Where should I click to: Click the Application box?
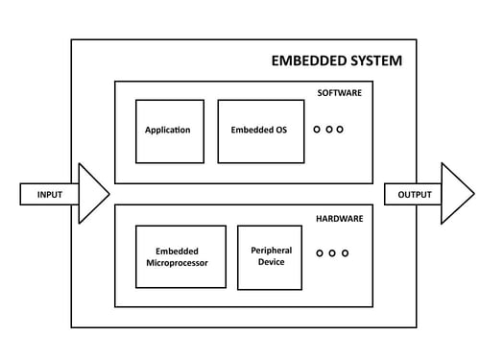pos(169,131)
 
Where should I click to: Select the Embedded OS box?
pos(259,131)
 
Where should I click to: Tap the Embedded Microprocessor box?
pos(180,256)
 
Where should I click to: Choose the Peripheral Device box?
pos(270,256)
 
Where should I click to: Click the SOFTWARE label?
pos(340,93)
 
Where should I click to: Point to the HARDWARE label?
pos(340,218)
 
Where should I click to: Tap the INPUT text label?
pos(50,195)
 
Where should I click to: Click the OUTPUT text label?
pos(414,195)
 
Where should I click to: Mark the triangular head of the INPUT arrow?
pos(92,194)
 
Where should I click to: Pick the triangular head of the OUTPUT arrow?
pos(455,194)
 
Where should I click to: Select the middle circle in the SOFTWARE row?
pos(328,129)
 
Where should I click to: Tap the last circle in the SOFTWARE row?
pos(340,129)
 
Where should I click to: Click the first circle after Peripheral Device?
pos(321,253)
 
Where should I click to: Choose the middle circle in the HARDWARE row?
pos(332,253)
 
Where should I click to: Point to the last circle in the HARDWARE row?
pos(345,253)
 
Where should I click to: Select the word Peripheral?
pos(271,251)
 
